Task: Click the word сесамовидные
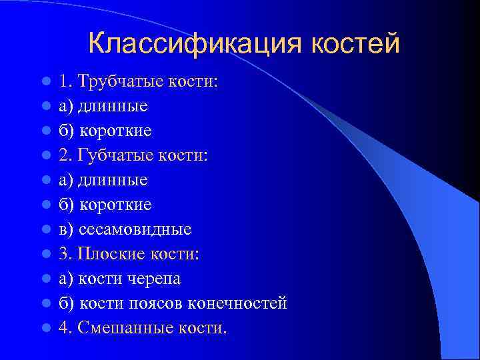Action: click(x=135, y=229)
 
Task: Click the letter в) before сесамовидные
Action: click(x=66, y=229)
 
